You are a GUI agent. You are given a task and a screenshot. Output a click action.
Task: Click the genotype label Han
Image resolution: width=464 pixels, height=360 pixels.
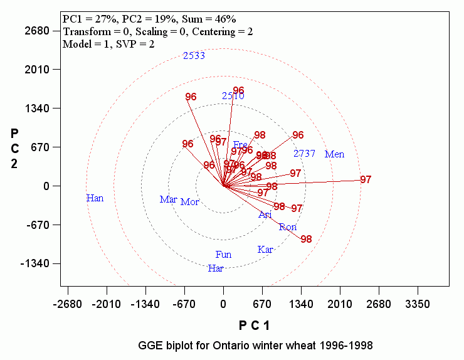(x=95, y=198)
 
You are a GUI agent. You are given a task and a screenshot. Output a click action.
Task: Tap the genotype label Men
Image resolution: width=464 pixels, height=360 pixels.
(x=334, y=154)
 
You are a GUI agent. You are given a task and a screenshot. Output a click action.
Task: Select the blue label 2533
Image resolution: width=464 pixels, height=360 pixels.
(x=194, y=56)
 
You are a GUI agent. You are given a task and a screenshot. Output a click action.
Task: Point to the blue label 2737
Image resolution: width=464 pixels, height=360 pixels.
(x=305, y=154)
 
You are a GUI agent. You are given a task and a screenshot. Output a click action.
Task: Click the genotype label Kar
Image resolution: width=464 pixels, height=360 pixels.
(x=265, y=250)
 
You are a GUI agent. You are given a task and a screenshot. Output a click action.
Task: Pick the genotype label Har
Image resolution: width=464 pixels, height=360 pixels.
(x=216, y=268)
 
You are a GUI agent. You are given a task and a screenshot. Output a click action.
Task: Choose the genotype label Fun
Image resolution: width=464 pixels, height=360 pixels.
(x=223, y=255)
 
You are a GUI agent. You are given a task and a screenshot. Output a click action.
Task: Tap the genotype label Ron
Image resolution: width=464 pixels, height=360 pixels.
(x=288, y=227)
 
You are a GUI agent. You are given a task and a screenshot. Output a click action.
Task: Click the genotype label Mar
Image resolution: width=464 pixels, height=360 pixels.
(x=168, y=199)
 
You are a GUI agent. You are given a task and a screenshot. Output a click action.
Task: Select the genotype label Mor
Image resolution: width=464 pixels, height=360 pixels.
(x=190, y=202)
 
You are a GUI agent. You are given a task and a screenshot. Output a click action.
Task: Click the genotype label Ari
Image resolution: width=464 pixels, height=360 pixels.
(x=265, y=214)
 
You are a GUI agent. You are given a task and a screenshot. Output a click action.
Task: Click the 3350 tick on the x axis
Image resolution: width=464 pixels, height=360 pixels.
(x=418, y=304)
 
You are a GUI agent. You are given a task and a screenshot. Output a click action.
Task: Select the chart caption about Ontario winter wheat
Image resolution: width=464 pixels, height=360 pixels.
(x=255, y=346)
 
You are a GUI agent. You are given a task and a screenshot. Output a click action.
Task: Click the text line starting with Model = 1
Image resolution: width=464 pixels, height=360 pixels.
(x=108, y=44)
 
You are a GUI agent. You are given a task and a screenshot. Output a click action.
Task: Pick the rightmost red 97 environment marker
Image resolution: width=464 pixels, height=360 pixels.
(x=366, y=180)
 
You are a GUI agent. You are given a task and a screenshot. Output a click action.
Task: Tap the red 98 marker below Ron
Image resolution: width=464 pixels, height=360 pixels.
(x=306, y=239)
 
